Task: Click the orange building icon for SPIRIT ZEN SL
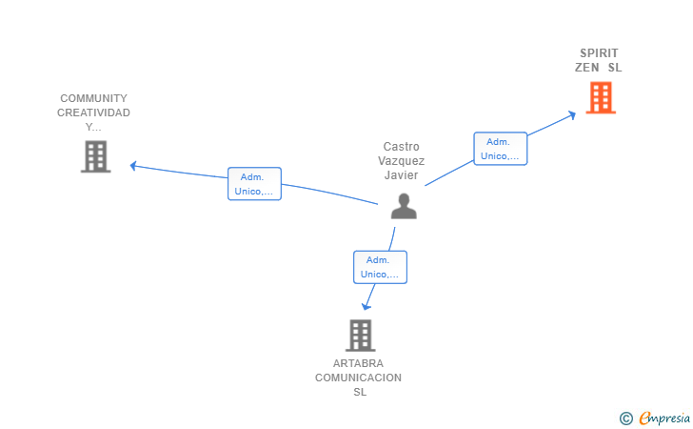point(601,98)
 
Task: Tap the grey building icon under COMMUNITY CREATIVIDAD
point(95,156)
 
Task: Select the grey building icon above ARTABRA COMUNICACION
point(360,336)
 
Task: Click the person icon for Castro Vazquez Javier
point(404,206)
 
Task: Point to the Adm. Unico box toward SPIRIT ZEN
point(501,149)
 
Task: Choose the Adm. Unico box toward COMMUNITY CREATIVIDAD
point(254,184)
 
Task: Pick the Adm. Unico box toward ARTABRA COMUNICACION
point(380,267)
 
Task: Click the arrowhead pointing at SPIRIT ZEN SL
point(572,115)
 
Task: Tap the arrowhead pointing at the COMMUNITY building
point(133,166)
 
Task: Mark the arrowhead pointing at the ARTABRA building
point(366,306)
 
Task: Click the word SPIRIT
point(599,53)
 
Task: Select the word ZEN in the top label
point(587,68)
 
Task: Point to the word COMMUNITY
point(93,98)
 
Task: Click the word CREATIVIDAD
point(93,112)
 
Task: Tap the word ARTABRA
point(358,363)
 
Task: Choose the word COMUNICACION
point(359,378)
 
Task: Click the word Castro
point(402,147)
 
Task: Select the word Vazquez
point(402,161)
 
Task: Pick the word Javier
point(402,174)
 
